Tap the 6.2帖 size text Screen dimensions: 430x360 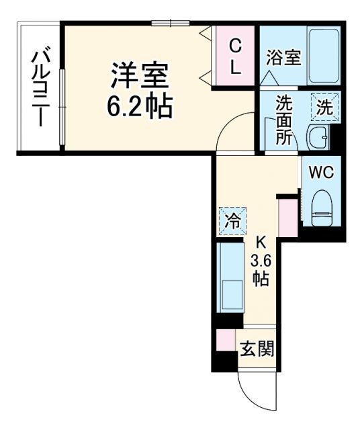click(139, 105)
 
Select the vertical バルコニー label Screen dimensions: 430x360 click(40, 85)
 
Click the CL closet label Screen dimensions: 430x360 click(235, 56)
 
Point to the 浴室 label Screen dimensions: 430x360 click(283, 58)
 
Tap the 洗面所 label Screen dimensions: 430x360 click(283, 122)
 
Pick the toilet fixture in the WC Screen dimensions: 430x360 click(321, 207)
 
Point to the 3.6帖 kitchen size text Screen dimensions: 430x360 click(260, 269)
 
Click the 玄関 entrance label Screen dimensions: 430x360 click(257, 349)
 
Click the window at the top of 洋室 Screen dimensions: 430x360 click(170, 24)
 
